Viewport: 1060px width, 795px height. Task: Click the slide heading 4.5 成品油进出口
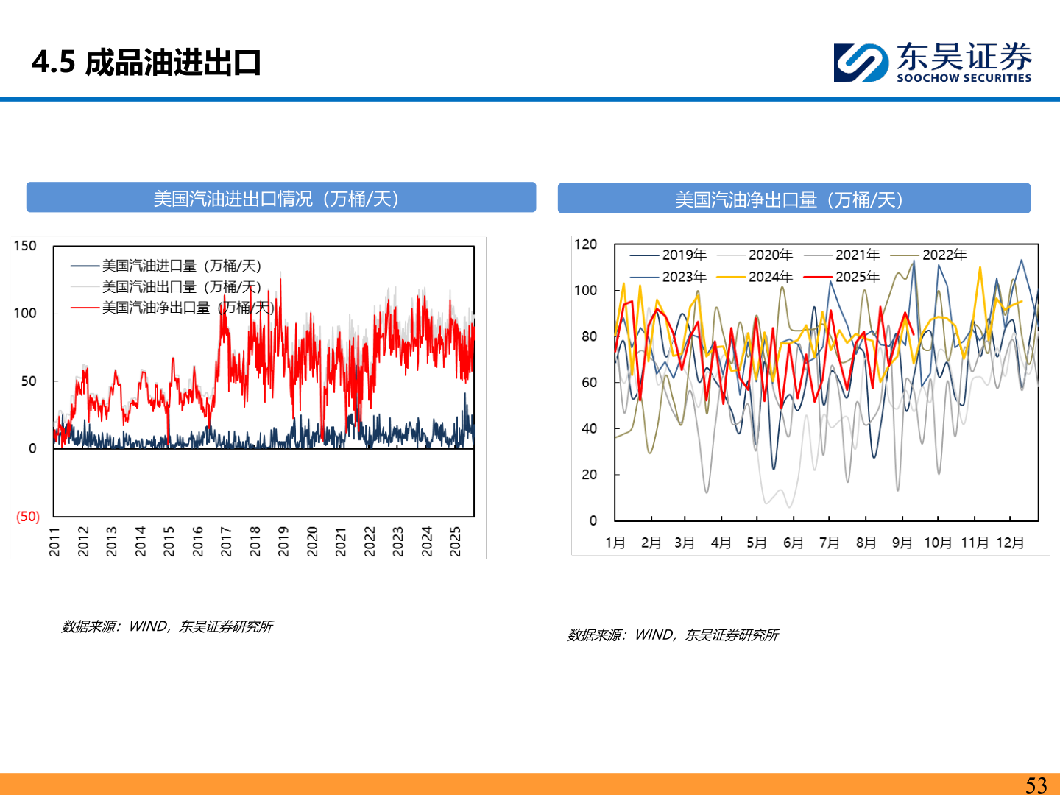point(146,63)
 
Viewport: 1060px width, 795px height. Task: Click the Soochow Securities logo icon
point(860,63)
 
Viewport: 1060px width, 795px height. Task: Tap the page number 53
point(1036,785)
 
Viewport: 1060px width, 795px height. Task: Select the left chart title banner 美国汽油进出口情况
point(280,199)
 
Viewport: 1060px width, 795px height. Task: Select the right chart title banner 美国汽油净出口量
point(794,199)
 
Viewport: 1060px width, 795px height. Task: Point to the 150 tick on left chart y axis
point(25,246)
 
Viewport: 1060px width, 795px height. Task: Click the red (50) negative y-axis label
point(28,516)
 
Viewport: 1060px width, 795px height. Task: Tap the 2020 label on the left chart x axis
point(312,541)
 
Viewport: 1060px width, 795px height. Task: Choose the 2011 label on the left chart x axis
point(54,541)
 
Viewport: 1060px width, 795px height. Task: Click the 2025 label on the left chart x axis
point(456,541)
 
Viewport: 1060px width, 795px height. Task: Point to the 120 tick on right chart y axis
point(586,244)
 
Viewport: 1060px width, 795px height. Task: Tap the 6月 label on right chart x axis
point(793,543)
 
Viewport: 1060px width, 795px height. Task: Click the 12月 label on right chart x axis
point(1010,543)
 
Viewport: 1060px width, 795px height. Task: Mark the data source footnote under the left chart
point(167,626)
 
